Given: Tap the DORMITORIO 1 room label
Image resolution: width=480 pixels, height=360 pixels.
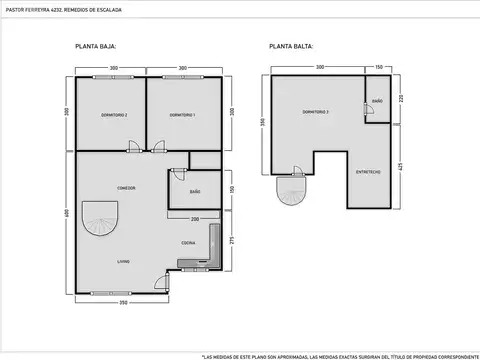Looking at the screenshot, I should (181, 116).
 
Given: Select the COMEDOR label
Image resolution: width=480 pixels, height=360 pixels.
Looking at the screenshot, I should (126, 188).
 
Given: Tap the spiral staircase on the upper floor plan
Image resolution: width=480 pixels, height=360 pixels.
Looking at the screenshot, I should (291, 189).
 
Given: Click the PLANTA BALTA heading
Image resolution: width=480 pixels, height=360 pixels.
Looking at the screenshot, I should (289, 47).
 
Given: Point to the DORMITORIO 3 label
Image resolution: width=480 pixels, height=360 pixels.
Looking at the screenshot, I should (316, 111).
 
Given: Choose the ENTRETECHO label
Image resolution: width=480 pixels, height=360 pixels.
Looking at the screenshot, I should (367, 171).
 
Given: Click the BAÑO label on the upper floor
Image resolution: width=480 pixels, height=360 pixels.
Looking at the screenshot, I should (377, 102).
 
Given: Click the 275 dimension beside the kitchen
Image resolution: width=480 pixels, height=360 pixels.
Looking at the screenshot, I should (231, 240).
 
